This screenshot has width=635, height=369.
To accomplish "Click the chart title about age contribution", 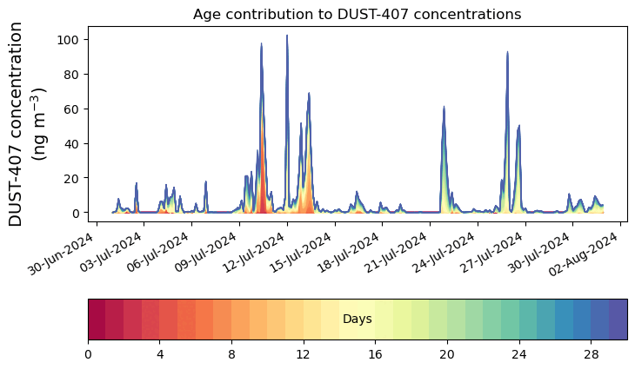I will [357, 14].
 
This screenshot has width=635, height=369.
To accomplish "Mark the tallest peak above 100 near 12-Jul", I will [287, 36].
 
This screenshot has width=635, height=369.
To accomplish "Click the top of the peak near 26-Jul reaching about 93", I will [507, 52].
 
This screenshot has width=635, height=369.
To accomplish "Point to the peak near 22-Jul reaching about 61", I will [444, 108].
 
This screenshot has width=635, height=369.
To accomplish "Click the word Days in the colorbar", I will [357, 320].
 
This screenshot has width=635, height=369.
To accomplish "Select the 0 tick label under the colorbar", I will [88, 354].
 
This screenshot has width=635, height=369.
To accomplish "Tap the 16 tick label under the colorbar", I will [375, 354].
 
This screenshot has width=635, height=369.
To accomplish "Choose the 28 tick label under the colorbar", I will [591, 354].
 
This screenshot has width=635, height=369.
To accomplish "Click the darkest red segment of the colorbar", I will [97, 320].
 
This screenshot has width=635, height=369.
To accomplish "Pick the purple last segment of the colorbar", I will [618, 320].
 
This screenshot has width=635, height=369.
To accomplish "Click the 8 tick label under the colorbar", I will [231, 354].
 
